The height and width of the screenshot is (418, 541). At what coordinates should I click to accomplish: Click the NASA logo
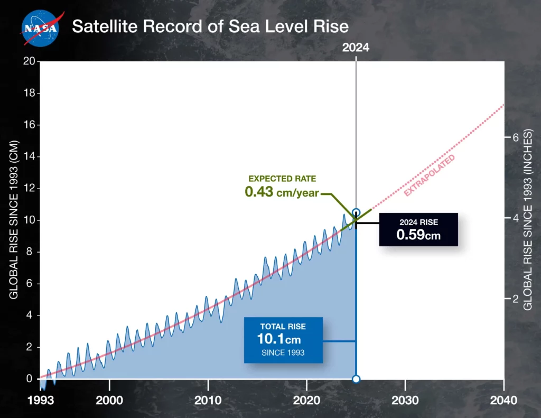click(x=40, y=27)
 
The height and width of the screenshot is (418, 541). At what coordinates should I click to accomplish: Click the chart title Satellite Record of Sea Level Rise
click(x=210, y=26)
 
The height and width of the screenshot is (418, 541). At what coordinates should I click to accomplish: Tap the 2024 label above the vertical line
click(x=356, y=47)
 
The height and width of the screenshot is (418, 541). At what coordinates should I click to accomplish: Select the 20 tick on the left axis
click(x=30, y=61)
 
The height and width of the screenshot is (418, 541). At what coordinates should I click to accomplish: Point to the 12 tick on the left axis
click(x=30, y=189)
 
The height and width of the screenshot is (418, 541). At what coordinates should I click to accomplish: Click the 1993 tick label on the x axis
click(x=40, y=399)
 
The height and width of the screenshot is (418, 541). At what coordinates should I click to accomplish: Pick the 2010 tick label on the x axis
click(x=208, y=399)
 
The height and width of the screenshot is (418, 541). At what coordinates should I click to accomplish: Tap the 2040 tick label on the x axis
click(x=504, y=399)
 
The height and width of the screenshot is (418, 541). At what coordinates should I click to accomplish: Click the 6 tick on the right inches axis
click(x=512, y=137)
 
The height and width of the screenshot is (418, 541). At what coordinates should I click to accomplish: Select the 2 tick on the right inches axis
click(x=512, y=299)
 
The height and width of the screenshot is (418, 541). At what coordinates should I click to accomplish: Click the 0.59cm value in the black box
click(x=418, y=234)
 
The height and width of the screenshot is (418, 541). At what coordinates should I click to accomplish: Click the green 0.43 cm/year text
click(x=282, y=192)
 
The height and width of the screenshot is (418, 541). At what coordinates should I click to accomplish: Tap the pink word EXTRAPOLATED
click(x=429, y=176)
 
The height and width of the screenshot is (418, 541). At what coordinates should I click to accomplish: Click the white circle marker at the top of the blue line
click(x=356, y=212)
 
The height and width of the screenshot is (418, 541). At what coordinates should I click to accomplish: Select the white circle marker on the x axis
click(x=356, y=379)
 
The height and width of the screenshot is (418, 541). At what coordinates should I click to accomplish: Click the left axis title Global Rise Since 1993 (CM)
click(x=14, y=219)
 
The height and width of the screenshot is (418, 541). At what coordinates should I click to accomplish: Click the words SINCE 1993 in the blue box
click(x=283, y=352)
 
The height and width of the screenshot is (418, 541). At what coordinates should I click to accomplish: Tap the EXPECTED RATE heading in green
click(x=282, y=179)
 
